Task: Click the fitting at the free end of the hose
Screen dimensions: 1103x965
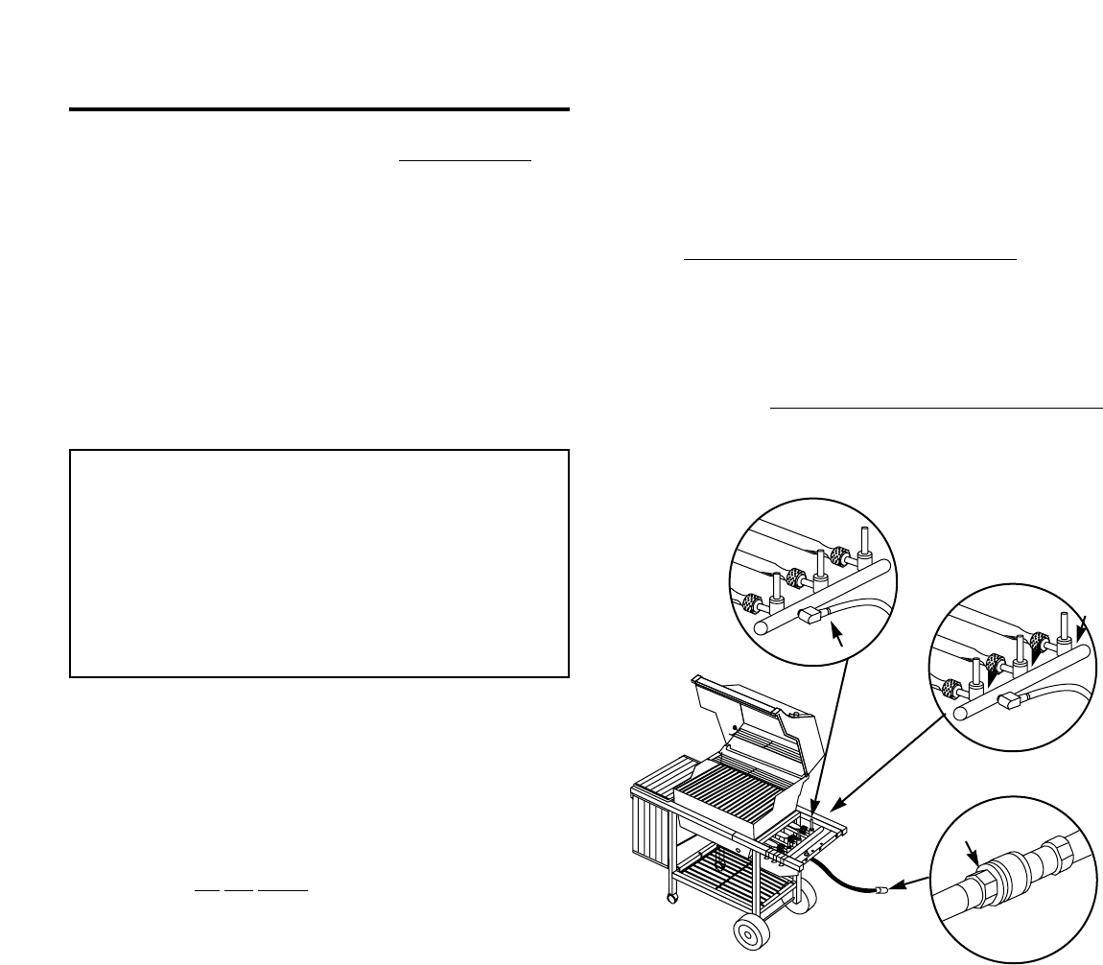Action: [x=880, y=890]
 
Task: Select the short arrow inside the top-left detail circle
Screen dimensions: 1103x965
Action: [x=839, y=634]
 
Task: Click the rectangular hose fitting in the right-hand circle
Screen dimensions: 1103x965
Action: [x=1010, y=702]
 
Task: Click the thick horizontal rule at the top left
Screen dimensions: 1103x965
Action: [x=319, y=109]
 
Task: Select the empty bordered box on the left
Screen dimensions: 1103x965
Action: [x=319, y=563]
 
